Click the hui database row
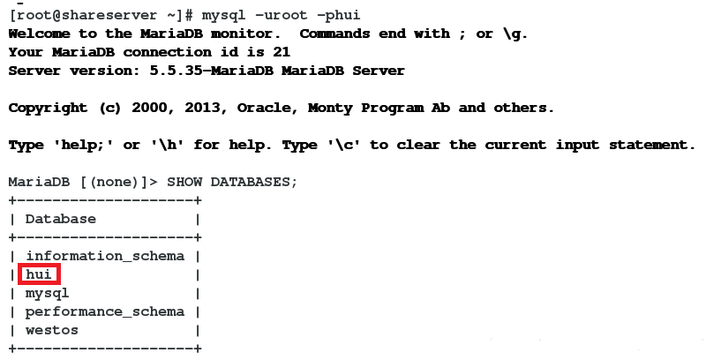click(x=39, y=274)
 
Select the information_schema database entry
click(x=104, y=256)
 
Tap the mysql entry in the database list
click(x=47, y=293)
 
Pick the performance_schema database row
click(x=104, y=311)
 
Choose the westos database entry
click(x=51, y=330)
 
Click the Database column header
click(x=60, y=219)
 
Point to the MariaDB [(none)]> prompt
click(x=82, y=182)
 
